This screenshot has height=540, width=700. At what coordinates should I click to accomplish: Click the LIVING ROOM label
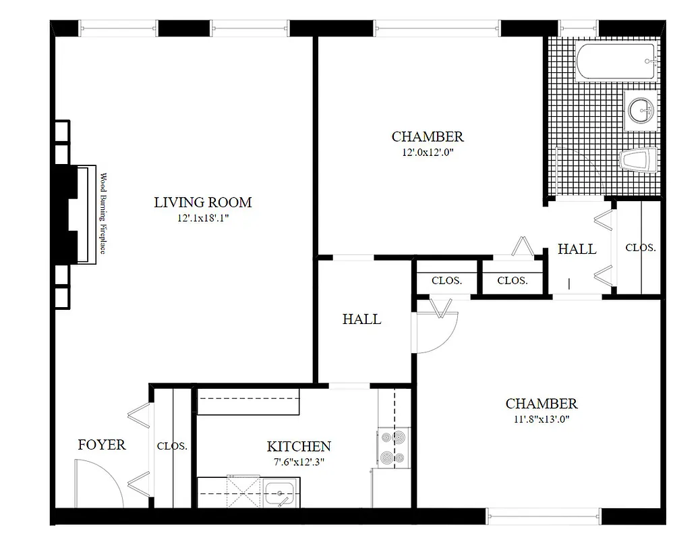(202, 202)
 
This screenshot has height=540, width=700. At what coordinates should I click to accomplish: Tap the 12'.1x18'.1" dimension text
(202, 218)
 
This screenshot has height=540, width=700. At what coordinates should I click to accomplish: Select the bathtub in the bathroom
(616, 61)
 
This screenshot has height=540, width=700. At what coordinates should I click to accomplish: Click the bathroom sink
(641, 109)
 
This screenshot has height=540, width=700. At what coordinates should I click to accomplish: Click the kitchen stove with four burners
(392, 447)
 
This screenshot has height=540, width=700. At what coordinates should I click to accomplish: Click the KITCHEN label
(299, 446)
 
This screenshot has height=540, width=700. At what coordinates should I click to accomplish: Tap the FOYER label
(102, 445)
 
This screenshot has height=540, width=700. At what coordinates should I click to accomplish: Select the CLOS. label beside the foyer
(172, 446)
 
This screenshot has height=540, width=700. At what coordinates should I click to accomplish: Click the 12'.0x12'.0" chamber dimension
(428, 153)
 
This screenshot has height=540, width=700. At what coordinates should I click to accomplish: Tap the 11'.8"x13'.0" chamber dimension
(541, 419)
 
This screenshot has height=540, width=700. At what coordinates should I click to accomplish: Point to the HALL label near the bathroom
(577, 249)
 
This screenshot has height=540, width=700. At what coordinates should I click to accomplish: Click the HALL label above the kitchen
(361, 319)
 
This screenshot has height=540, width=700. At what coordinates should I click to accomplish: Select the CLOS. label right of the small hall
(640, 248)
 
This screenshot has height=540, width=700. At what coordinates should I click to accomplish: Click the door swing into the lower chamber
(437, 327)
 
